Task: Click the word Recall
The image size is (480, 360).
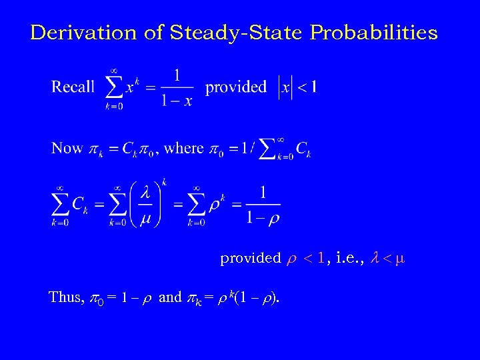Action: pyautogui.click(x=73, y=87)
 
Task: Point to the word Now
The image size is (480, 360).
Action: pyautogui.click(x=67, y=148)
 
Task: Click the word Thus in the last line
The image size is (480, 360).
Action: pyautogui.click(x=65, y=297)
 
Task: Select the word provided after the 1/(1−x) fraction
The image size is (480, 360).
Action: pyautogui.click(x=236, y=87)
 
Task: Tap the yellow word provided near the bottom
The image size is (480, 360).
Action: pyautogui.click(x=251, y=258)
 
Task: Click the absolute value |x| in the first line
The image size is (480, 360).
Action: pyautogui.click(x=284, y=87)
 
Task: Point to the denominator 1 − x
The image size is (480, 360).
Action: pyautogui.click(x=177, y=99)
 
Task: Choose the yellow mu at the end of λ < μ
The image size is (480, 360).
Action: pyautogui.click(x=399, y=258)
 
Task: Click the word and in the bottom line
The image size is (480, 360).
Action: pyautogui.click(x=170, y=297)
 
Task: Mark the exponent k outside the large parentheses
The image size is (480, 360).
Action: pyautogui.click(x=164, y=181)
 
